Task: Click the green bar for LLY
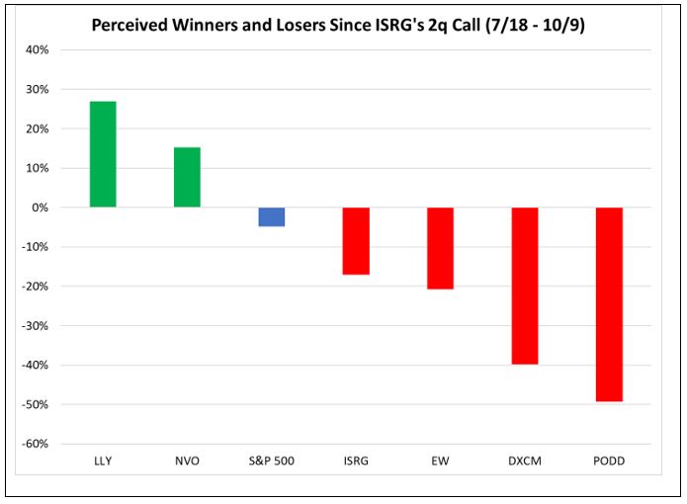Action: coord(103,154)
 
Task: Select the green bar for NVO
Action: coord(187,178)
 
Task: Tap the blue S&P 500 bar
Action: coord(271,216)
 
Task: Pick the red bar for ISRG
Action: coord(356,240)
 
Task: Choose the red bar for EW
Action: coord(440,248)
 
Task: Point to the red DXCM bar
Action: coord(525,286)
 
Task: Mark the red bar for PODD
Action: coord(609,304)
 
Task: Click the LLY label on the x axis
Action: coord(103,461)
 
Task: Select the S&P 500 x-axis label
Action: coord(271,461)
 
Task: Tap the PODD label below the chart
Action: coord(609,461)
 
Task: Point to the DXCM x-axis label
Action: coord(525,461)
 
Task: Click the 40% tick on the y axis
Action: coord(40,49)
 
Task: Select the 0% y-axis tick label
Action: coord(43,208)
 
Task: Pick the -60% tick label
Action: coord(38,444)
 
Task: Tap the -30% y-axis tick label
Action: coord(38,325)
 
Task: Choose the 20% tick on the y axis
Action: coord(40,128)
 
